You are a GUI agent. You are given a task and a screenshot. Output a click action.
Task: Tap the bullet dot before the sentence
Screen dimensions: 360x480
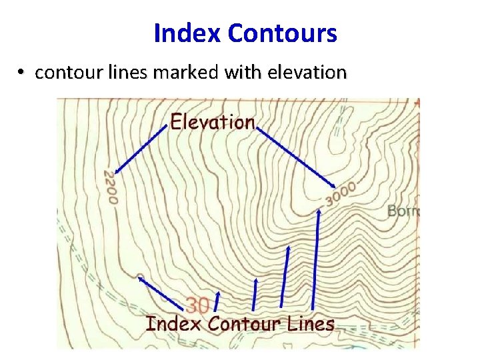(22, 72)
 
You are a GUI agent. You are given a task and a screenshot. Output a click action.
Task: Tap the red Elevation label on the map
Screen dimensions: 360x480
(213, 122)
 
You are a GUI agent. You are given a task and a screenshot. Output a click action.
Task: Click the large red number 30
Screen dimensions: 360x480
(197, 306)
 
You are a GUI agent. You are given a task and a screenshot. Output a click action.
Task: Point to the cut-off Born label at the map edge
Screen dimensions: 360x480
(403, 212)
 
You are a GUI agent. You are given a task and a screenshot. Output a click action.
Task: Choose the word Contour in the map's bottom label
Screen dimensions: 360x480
(245, 324)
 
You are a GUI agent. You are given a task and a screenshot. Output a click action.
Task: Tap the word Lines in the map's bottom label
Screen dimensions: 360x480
(311, 324)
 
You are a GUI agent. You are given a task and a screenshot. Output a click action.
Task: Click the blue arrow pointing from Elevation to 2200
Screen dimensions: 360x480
(142, 148)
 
